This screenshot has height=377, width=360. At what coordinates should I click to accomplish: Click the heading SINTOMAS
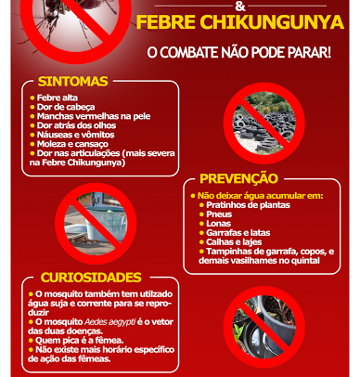(x=72, y=82)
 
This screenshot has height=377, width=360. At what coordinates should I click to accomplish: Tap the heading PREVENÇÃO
(x=238, y=178)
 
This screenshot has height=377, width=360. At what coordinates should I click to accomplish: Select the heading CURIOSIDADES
(x=91, y=278)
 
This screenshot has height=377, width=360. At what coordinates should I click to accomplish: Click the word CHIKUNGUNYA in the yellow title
(x=272, y=22)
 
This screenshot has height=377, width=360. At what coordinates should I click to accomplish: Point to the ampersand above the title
(x=240, y=6)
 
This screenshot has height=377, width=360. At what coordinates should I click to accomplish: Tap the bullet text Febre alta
(x=58, y=97)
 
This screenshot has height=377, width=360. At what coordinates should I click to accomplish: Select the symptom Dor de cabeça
(x=66, y=107)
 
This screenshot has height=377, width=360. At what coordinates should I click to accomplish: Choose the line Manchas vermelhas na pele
(x=94, y=116)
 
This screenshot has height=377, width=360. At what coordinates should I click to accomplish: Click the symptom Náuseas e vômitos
(x=75, y=135)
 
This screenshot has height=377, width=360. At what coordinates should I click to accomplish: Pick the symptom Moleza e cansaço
(x=72, y=144)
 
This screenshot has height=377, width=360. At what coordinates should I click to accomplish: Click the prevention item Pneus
(x=219, y=214)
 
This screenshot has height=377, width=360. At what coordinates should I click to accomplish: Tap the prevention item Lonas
(x=218, y=224)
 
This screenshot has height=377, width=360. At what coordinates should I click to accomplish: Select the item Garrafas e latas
(x=238, y=233)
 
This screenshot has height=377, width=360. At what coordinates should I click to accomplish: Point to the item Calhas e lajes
(x=234, y=242)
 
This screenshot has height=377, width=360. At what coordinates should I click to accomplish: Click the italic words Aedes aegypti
(x=109, y=322)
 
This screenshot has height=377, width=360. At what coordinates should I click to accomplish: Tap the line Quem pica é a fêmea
(x=80, y=341)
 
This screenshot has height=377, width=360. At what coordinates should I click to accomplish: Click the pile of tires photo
(x=264, y=123)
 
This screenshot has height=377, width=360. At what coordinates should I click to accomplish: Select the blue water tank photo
(x=96, y=224)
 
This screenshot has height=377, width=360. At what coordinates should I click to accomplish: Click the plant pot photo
(x=264, y=327)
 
